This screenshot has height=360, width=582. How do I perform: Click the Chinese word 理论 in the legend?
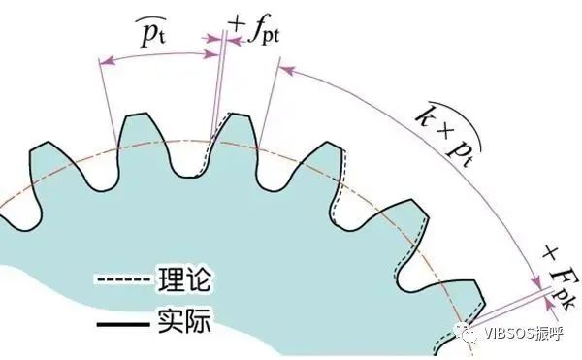coord(181,281)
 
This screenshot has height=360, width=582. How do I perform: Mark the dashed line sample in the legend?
coord(121,282)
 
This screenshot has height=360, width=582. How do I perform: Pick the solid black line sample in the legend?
coord(121,318)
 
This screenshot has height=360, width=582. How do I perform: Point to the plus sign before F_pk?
coord(549,253)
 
